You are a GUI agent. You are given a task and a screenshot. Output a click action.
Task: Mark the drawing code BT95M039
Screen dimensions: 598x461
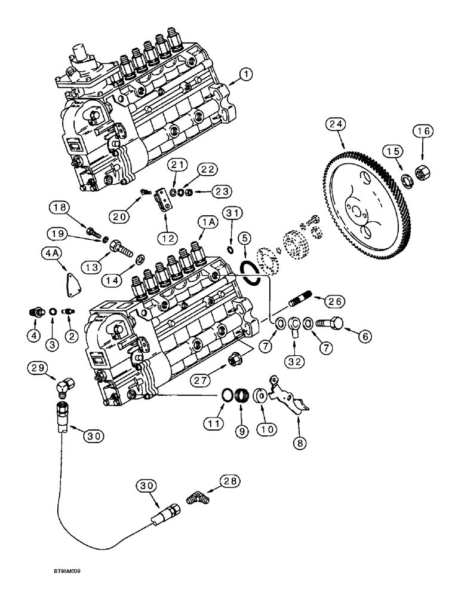point(65,588)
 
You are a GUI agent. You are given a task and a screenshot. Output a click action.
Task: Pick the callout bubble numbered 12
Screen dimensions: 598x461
point(168,238)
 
